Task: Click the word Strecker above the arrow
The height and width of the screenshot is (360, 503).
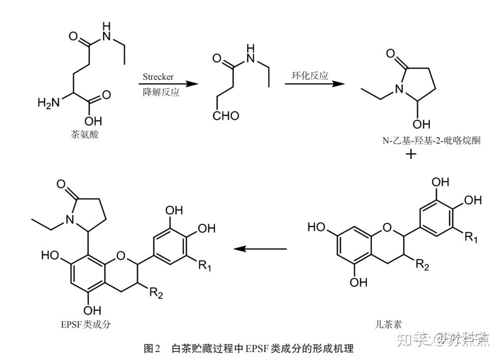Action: (x=158, y=77)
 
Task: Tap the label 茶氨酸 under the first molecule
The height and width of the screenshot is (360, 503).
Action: (x=85, y=134)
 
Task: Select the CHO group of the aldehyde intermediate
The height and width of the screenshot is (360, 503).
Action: (x=226, y=116)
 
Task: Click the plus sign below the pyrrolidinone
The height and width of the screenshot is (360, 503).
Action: (x=411, y=154)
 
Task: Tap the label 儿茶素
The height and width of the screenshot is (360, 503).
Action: (x=389, y=324)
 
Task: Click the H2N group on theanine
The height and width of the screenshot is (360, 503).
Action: (x=48, y=103)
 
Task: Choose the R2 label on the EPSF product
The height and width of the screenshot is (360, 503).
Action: (x=156, y=294)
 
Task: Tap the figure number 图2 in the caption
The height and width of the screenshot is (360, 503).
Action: (x=151, y=348)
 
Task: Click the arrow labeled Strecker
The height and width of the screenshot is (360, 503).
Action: (x=165, y=84)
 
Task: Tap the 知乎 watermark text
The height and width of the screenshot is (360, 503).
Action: (x=413, y=340)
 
